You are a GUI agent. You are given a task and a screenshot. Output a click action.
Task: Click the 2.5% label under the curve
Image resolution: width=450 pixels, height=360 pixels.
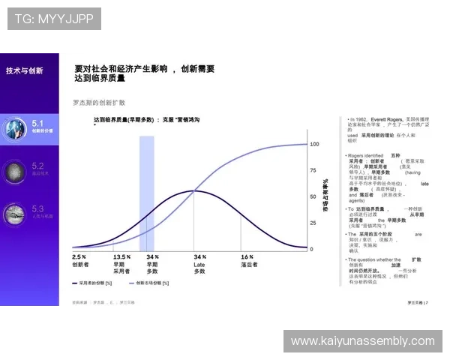pyautogui.click(x=79, y=256)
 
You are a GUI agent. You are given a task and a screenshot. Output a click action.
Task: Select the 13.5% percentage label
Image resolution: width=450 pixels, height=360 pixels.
pyautogui.click(x=121, y=256)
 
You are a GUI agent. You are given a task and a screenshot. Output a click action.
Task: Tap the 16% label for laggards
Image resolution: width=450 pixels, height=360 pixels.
pyautogui.click(x=247, y=256)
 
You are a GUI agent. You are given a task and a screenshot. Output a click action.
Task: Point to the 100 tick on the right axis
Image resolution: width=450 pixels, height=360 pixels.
pyautogui.click(x=315, y=143)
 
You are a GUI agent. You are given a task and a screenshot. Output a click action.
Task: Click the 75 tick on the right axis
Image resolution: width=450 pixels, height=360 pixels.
pyautogui.click(x=313, y=170)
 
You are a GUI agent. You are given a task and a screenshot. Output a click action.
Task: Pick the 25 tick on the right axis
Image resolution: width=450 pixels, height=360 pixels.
pyautogui.click(x=313, y=223)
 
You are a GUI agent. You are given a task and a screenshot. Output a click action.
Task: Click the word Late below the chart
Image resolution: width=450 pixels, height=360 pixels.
pyautogui.click(x=199, y=264)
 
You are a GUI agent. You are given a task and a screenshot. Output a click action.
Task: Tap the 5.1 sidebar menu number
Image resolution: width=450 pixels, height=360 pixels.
pyautogui.click(x=38, y=121)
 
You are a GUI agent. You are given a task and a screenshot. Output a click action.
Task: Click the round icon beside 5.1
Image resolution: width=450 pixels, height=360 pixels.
pyautogui.click(x=15, y=126)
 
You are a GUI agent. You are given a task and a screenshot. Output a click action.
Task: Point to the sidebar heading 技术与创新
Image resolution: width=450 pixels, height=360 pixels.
pyautogui.click(x=25, y=70)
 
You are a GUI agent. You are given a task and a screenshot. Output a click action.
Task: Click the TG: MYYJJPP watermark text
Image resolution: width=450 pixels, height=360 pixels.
pyautogui.click(x=53, y=18)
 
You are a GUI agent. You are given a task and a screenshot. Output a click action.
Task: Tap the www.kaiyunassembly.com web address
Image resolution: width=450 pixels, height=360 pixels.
pyautogui.click(x=362, y=341)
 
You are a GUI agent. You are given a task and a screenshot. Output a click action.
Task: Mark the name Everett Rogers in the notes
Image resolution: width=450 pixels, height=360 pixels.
pyautogui.click(x=387, y=119)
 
